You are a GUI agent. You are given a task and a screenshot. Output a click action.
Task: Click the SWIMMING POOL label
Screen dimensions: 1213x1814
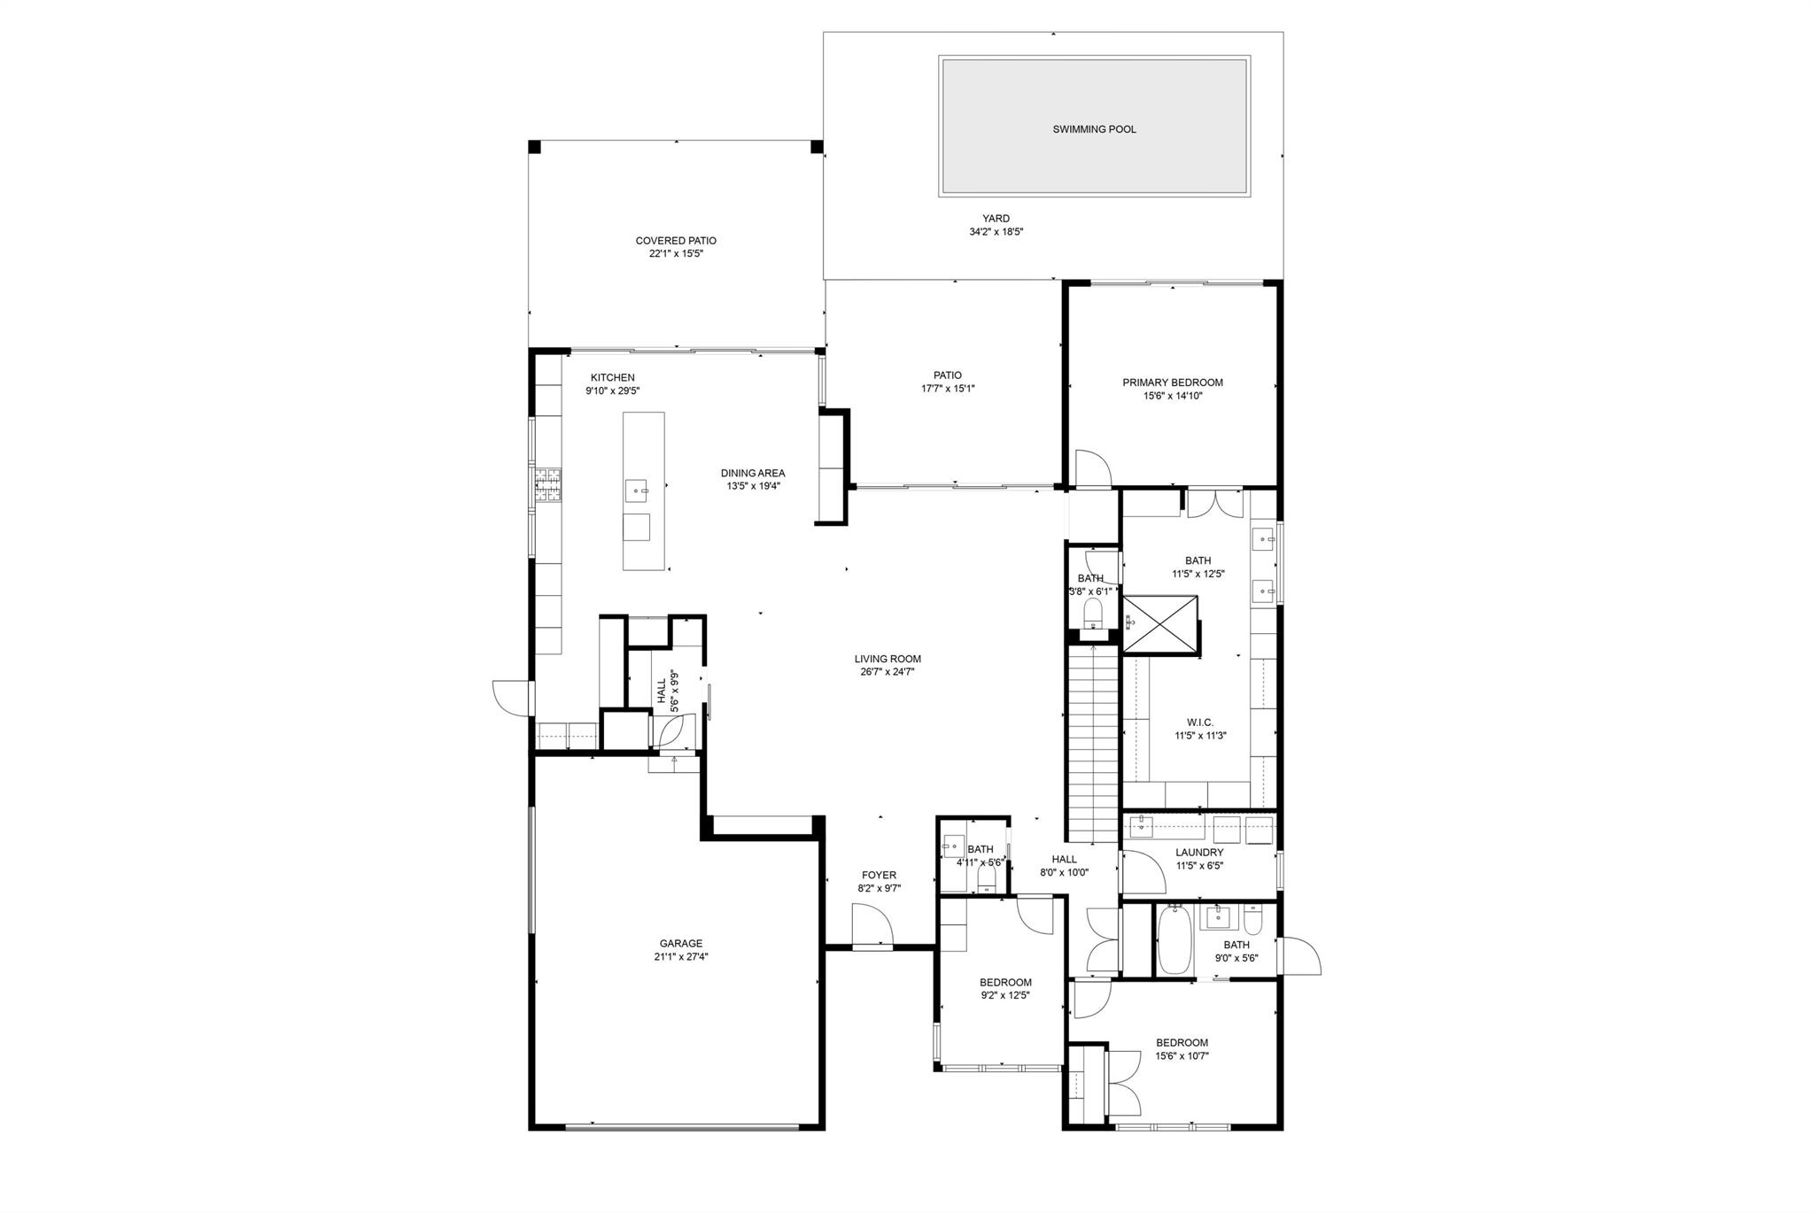pyautogui.click(x=1094, y=129)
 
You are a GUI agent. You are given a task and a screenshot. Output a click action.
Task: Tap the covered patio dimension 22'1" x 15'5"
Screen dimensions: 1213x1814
pyautogui.click(x=676, y=253)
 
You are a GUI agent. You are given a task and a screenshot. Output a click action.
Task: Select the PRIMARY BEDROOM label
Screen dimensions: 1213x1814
pyautogui.click(x=1172, y=382)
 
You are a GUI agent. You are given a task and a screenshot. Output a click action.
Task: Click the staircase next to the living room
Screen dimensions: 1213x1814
pyautogui.click(x=1093, y=744)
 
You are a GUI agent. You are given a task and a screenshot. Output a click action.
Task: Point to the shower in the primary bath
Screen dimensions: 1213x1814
pyautogui.click(x=1159, y=624)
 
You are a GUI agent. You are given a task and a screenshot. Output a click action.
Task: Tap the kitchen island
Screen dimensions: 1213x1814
pyautogui.click(x=644, y=491)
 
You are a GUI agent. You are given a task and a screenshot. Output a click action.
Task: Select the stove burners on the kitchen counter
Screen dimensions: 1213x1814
pyautogui.click(x=547, y=485)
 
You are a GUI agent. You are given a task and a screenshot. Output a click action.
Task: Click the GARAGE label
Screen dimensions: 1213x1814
pyautogui.click(x=680, y=944)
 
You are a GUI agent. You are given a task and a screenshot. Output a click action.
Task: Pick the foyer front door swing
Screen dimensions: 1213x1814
pyautogui.click(x=871, y=925)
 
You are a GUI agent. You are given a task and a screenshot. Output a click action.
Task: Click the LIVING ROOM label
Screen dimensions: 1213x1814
pyautogui.click(x=888, y=659)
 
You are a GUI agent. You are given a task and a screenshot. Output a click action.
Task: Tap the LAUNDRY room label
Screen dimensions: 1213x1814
pyautogui.click(x=1199, y=853)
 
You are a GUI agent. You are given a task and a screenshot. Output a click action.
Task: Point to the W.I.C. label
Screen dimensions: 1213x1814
pyautogui.click(x=1199, y=722)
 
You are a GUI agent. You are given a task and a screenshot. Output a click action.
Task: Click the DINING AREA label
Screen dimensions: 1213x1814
pyautogui.click(x=752, y=473)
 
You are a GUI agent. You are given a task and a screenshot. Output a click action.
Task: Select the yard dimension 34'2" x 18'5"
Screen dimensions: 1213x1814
pyautogui.click(x=996, y=232)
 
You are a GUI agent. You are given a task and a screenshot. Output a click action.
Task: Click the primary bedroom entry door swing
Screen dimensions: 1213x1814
pyautogui.click(x=1092, y=468)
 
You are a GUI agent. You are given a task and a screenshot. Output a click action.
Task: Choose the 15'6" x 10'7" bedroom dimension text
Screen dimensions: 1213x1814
pyautogui.click(x=1182, y=1055)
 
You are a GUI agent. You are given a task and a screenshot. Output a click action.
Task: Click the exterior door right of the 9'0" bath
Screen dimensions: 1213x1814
pyautogui.click(x=1298, y=956)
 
